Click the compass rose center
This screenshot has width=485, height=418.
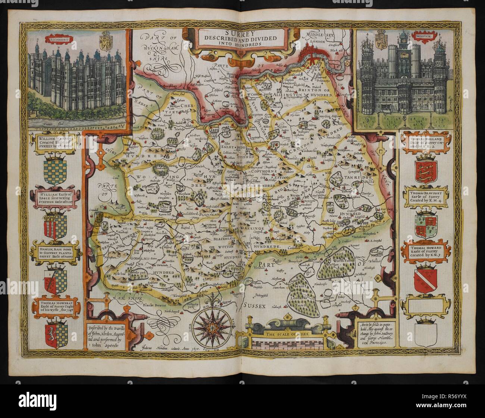(x=211, y=326)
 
